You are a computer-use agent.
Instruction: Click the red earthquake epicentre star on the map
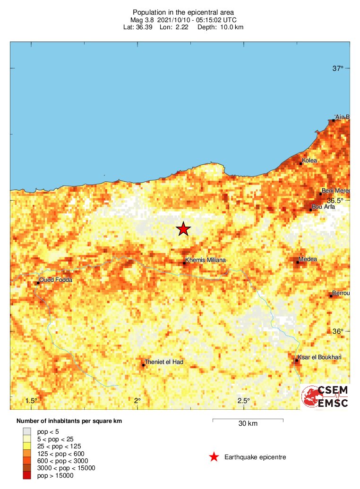(x=183, y=229)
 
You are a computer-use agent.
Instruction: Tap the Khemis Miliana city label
(x=206, y=260)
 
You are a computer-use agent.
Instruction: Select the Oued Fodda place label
(x=55, y=279)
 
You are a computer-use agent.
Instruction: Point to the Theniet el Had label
(x=164, y=362)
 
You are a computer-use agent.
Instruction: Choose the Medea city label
(x=308, y=259)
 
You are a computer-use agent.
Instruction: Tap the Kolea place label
(x=309, y=160)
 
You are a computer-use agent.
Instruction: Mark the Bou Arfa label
(x=323, y=206)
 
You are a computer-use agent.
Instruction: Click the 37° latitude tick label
(x=338, y=68)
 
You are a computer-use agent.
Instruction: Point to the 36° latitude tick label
(x=338, y=331)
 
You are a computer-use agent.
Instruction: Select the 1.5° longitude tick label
(x=31, y=401)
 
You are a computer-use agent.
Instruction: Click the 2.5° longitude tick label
(x=244, y=401)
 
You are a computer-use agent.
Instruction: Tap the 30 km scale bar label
(x=248, y=423)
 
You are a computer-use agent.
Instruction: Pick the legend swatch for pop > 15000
(x=27, y=475)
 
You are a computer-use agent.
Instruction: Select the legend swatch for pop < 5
(x=27, y=431)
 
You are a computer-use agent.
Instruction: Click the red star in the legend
(x=214, y=456)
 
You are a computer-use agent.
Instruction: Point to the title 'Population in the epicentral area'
(x=183, y=12)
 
